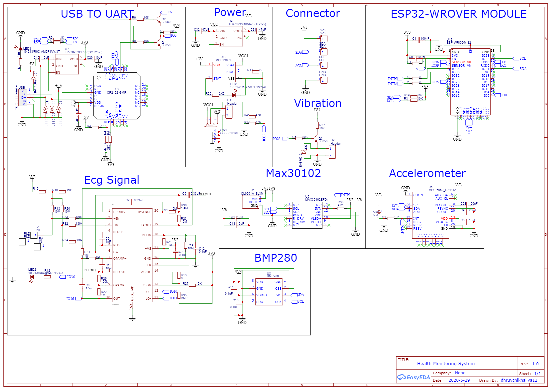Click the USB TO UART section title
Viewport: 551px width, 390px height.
(x=97, y=14)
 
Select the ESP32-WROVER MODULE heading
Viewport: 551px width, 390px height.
(x=458, y=14)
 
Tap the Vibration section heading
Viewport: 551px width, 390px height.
(x=317, y=103)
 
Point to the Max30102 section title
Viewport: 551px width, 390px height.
(x=293, y=173)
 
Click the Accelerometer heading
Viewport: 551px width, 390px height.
(x=427, y=173)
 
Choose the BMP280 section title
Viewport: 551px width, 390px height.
(x=275, y=258)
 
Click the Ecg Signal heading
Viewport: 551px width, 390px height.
(x=111, y=180)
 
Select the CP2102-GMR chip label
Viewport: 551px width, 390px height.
(x=116, y=93)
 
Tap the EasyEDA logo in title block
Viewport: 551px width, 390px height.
(x=413, y=377)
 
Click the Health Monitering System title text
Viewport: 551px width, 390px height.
(x=445, y=364)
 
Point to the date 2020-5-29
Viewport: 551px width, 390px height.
(x=459, y=380)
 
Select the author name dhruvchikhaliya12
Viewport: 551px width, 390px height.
(x=519, y=380)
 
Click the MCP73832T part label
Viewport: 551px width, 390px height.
(x=224, y=60)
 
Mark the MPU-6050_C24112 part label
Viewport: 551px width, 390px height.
(x=442, y=190)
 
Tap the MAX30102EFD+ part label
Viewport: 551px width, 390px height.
(x=317, y=200)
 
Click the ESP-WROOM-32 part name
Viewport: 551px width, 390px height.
(x=459, y=43)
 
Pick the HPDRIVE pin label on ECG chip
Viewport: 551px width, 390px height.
(x=120, y=212)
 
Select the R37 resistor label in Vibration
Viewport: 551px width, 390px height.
(x=322, y=125)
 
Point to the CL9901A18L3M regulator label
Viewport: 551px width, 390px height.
(x=252, y=194)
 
